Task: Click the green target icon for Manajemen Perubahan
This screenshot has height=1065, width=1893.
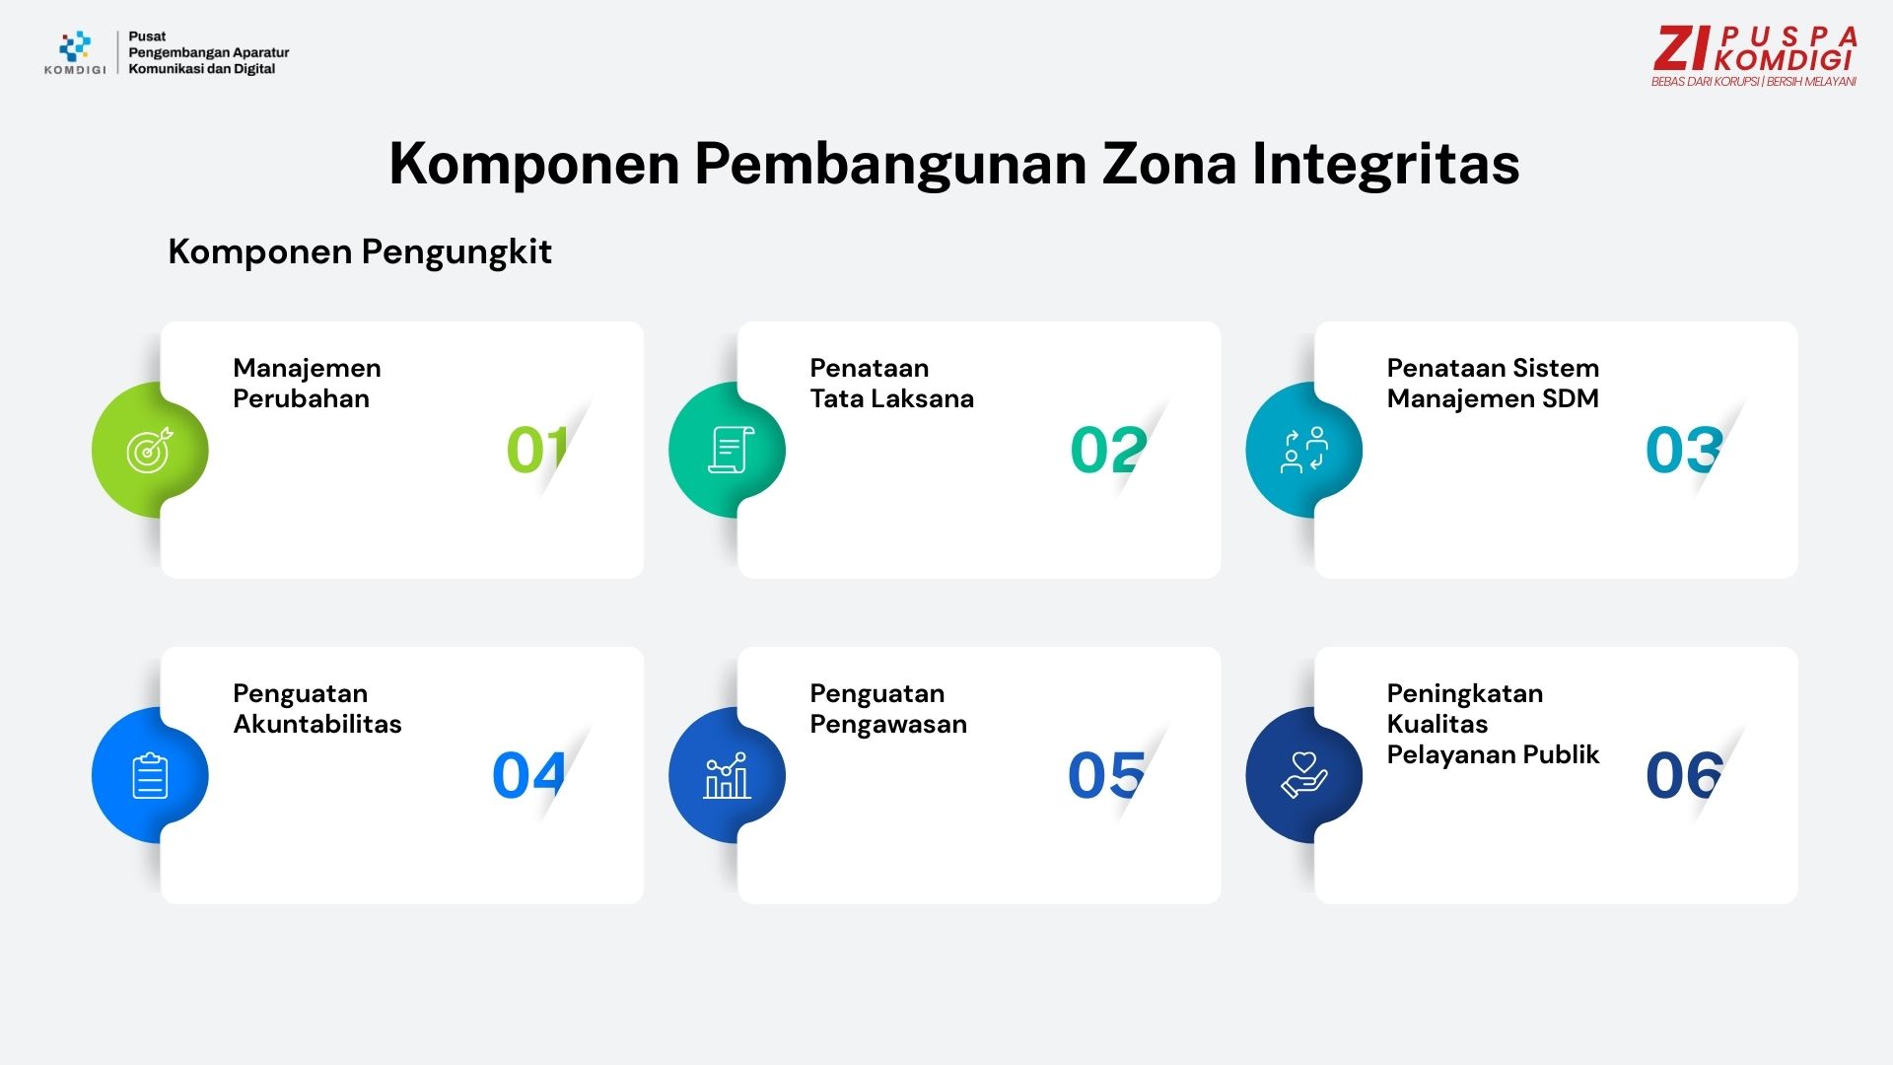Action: tap(149, 451)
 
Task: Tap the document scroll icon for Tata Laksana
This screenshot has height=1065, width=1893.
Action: tap(731, 450)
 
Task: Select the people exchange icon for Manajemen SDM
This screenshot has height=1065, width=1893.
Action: tap(1304, 450)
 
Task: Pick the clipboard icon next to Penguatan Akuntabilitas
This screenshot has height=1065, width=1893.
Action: tap(150, 775)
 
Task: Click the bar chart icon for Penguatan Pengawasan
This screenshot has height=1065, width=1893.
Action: tap(727, 775)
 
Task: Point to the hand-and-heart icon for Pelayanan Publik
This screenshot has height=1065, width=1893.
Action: tap(1304, 775)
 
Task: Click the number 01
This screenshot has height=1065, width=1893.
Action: tap(537, 450)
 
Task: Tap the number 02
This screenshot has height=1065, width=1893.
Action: tap(1108, 450)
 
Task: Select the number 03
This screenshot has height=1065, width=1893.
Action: tap(1684, 450)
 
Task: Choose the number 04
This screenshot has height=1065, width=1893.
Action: tap(528, 775)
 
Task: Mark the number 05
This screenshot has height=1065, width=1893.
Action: tap(1106, 775)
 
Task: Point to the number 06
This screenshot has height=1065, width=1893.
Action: tap(1684, 775)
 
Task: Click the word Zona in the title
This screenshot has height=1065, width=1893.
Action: tap(1169, 163)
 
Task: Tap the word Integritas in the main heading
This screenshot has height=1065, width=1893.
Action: tap(1386, 165)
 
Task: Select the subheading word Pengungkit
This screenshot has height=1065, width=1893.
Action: tap(456, 252)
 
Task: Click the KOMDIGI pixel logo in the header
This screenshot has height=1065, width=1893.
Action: tap(75, 46)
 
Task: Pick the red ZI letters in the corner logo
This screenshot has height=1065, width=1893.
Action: tap(1683, 49)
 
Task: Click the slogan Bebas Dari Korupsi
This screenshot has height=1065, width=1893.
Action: tap(1705, 82)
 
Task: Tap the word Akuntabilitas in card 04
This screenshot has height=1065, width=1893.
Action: tap(317, 724)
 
